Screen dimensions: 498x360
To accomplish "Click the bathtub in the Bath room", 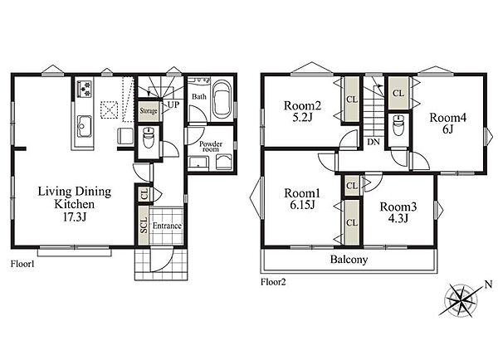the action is [222, 99].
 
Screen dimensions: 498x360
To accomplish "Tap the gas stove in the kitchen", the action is [85, 89].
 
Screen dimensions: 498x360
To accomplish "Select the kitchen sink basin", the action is [85, 126].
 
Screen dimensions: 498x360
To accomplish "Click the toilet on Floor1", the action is [148, 138].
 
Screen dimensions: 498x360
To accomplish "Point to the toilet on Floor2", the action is [398, 124].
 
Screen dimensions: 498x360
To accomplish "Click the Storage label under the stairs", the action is [149, 111].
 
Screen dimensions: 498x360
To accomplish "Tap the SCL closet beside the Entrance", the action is [144, 226].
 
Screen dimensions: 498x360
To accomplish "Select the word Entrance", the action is [167, 226].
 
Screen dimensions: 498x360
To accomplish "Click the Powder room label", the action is [211, 146].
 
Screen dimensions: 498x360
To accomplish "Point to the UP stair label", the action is [173, 105].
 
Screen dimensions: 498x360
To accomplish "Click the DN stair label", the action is [373, 142].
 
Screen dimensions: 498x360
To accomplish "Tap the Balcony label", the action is [349, 260].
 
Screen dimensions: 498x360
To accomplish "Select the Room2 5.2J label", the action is [302, 111].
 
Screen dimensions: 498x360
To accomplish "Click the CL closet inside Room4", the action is [398, 93].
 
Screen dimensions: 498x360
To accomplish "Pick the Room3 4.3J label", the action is [398, 212].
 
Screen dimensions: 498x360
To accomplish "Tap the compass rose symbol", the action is [460, 300].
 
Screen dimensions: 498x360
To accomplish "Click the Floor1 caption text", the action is [22, 264].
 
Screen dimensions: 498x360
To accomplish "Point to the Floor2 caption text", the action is [273, 282].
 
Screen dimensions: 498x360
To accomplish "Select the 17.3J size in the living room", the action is [75, 217].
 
